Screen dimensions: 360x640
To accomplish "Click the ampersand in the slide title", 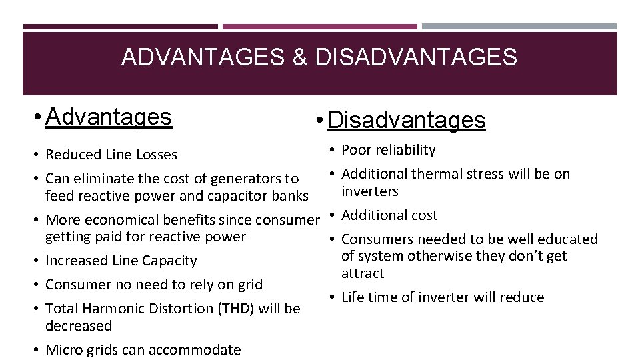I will (299, 57).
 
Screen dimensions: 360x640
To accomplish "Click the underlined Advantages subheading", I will (109, 117).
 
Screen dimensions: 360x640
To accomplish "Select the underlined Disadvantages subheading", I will (407, 121).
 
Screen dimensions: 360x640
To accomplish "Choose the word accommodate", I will (198, 350).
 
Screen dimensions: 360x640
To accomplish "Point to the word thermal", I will (435, 174).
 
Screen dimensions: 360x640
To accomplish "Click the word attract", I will (363, 273).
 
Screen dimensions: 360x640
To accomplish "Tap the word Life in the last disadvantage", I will (353, 297).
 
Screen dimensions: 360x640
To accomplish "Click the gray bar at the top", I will (519, 27).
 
